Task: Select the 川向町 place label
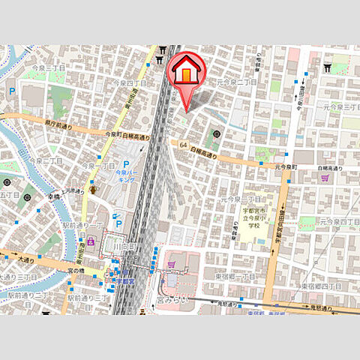click(x=126, y=247)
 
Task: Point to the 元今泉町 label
click(x=286, y=166)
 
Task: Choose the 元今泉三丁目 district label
click(x=334, y=108)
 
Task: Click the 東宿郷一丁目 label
click(x=238, y=277)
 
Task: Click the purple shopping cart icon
click(x=325, y=178)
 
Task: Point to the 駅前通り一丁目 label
click(x=82, y=226)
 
